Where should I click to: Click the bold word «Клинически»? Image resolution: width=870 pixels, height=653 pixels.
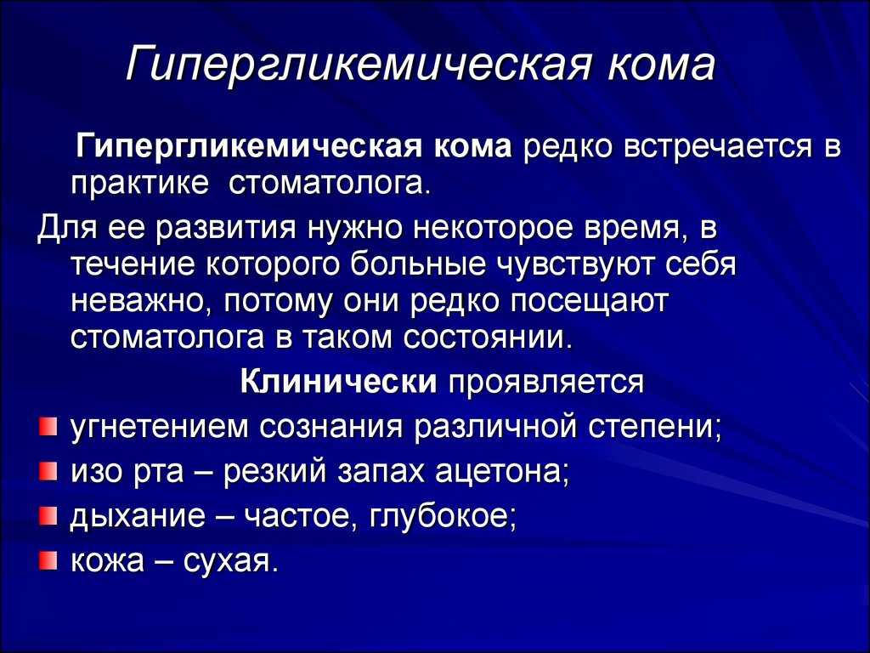[x=339, y=381]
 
